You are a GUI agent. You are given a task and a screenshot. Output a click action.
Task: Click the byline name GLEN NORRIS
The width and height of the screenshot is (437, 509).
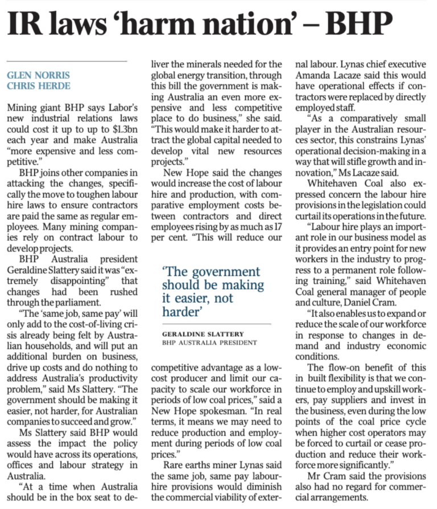(38, 75)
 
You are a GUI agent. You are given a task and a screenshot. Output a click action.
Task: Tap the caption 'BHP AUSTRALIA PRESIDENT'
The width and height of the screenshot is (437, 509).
(209, 343)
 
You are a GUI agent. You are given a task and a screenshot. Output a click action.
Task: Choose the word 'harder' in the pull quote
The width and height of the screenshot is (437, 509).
(179, 311)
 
